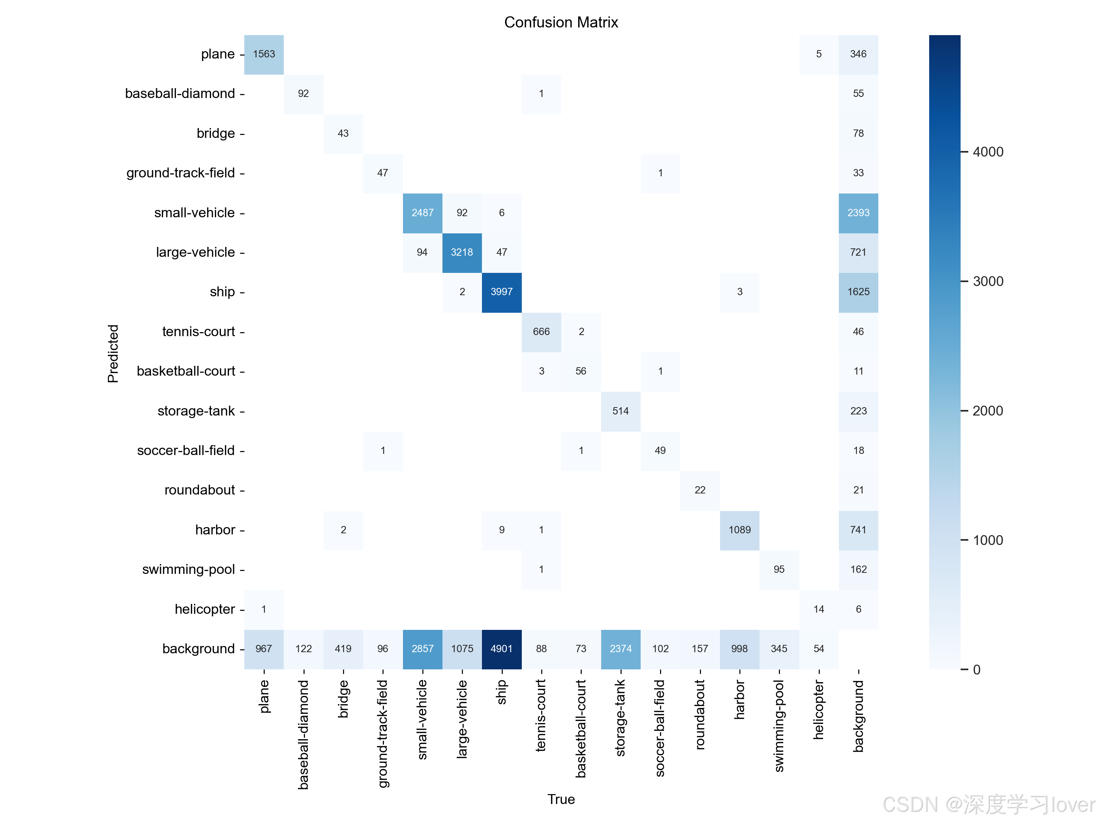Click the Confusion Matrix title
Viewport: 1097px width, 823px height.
click(x=561, y=22)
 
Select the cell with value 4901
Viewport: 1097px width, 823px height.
click(x=501, y=649)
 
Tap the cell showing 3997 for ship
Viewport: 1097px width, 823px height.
click(x=501, y=292)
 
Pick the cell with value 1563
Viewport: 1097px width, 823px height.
click(x=264, y=54)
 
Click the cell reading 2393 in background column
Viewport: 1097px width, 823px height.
click(x=858, y=213)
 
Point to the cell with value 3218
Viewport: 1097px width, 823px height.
click(x=462, y=252)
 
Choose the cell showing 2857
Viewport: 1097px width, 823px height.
click(x=422, y=649)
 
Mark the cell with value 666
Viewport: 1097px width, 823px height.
click(x=541, y=331)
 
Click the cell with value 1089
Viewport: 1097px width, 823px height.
click(x=739, y=530)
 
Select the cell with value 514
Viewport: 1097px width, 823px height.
click(x=621, y=411)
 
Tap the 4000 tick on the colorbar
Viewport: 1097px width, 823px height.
click(x=988, y=152)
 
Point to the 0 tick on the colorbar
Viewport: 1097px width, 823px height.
click(x=976, y=670)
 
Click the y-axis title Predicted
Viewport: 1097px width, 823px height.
click(x=113, y=353)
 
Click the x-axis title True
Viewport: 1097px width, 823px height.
click(x=561, y=799)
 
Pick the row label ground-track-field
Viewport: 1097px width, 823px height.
click(x=181, y=173)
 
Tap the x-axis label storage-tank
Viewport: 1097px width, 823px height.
click(x=621, y=717)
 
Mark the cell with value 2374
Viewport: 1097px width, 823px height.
click(x=621, y=649)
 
